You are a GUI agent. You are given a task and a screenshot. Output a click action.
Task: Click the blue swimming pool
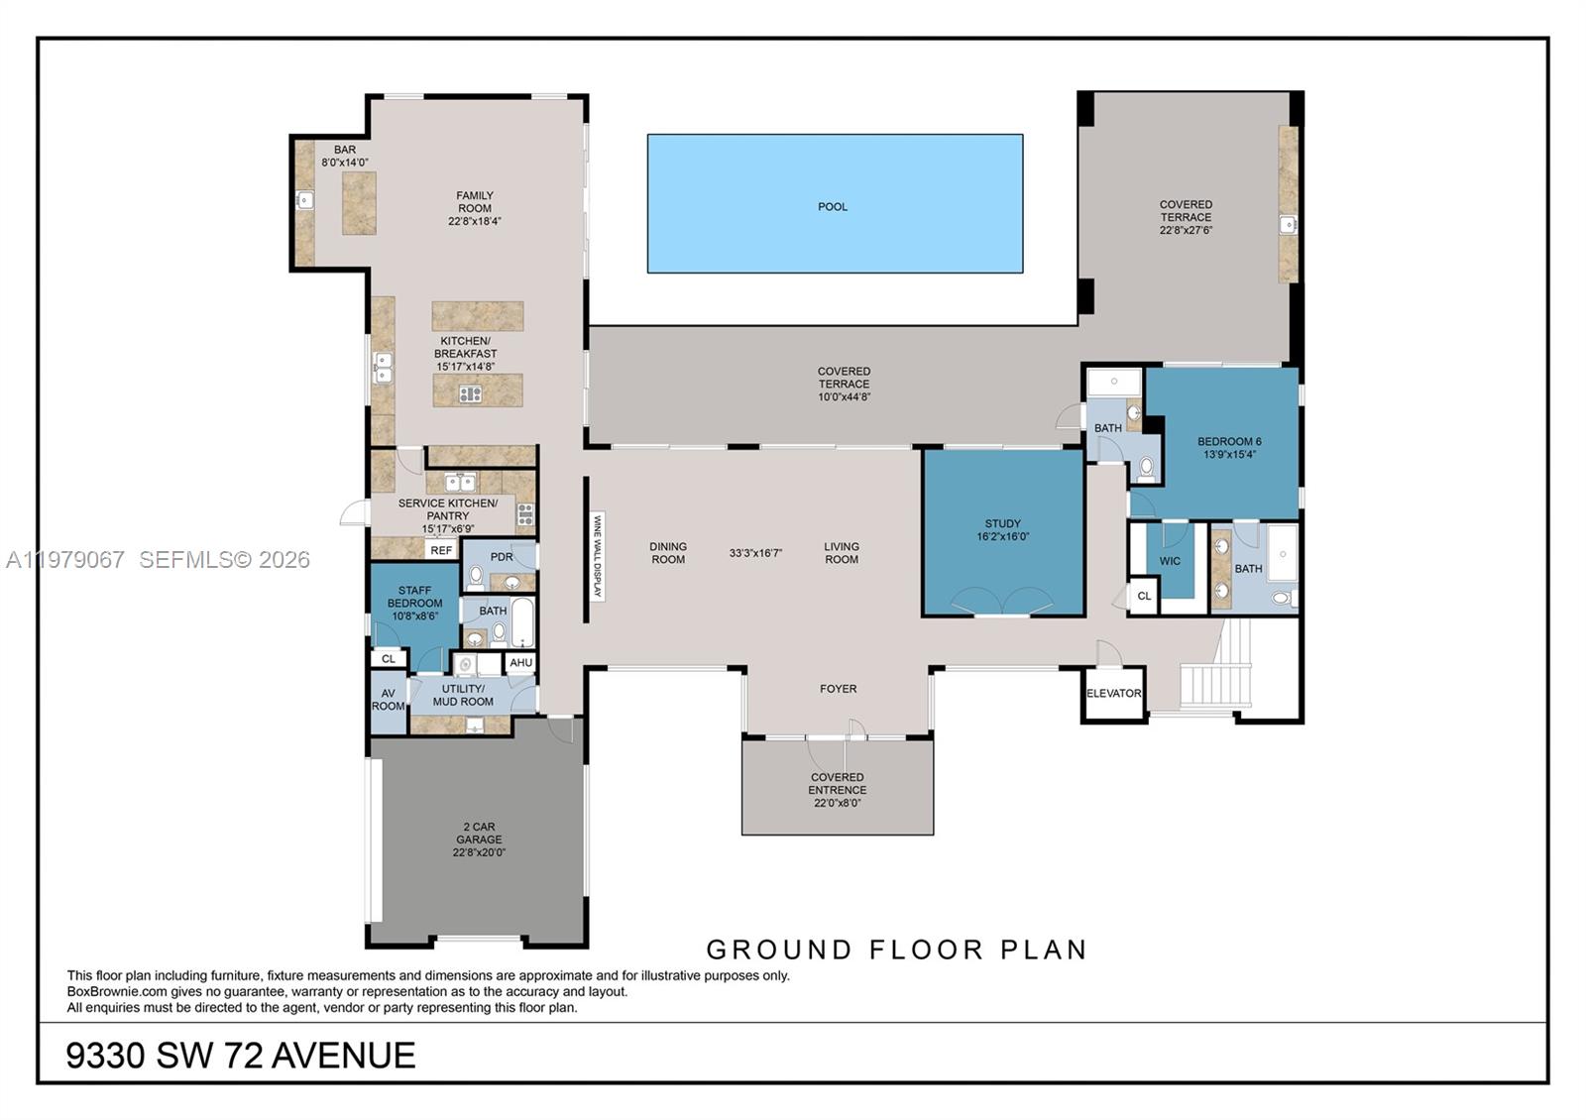(834, 203)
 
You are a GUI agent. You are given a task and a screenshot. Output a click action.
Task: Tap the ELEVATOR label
(1113, 694)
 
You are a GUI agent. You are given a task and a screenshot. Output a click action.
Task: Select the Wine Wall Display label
(597, 556)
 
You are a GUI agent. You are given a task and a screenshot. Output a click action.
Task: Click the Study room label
(1002, 530)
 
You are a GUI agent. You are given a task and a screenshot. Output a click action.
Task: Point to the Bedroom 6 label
(1229, 448)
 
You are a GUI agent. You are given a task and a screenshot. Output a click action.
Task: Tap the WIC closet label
(1170, 561)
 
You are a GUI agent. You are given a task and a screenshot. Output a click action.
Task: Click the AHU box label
(521, 663)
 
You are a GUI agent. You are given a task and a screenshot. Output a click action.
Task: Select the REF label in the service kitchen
(441, 550)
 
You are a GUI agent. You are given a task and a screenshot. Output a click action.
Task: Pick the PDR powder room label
(502, 557)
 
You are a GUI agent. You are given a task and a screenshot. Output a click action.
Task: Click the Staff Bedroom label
(414, 603)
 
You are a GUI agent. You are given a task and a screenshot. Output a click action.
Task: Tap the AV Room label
(388, 700)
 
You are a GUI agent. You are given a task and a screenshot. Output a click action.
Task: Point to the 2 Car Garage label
(479, 839)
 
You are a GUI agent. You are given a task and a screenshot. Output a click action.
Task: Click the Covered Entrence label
(837, 790)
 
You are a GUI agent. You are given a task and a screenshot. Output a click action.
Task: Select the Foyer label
(838, 689)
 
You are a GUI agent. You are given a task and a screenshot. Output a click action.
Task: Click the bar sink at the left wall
(305, 201)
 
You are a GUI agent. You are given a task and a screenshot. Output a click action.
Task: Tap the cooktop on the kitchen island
(470, 394)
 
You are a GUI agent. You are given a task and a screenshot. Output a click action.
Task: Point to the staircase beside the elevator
(1217, 674)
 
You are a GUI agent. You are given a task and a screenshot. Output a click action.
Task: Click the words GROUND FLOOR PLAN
(896, 950)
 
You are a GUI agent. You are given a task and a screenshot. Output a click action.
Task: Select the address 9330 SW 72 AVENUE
(241, 1056)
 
